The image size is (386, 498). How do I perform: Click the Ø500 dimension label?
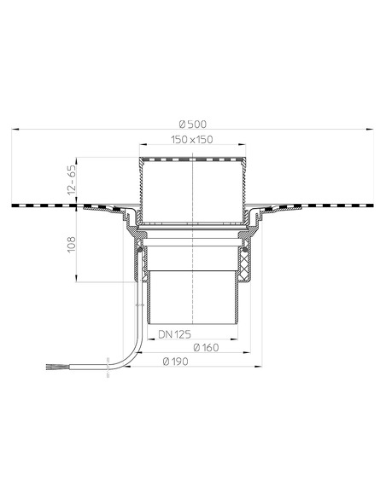click(x=193, y=122)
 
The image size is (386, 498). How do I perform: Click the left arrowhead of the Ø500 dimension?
click(x=17, y=130)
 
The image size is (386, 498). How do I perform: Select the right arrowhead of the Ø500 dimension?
click(x=370, y=130)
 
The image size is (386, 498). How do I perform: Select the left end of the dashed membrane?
click(x=16, y=206)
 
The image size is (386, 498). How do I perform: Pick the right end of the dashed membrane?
click(x=370, y=206)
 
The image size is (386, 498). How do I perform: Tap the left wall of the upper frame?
click(x=139, y=183)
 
